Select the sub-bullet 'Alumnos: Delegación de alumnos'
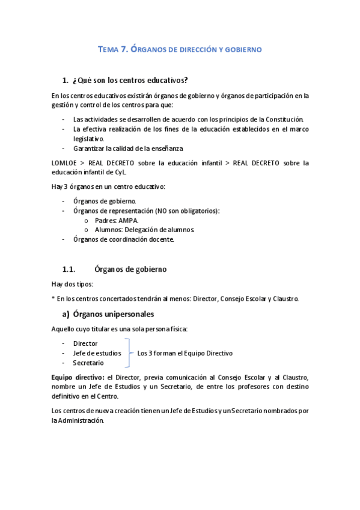pos(144,230)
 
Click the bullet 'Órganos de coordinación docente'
pos(123,239)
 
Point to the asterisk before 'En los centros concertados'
pos(53,299)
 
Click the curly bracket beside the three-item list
pos(128,353)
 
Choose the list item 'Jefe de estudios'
pos(97,353)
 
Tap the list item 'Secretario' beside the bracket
pos(88,363)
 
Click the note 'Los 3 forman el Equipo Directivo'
pos(185,353)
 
